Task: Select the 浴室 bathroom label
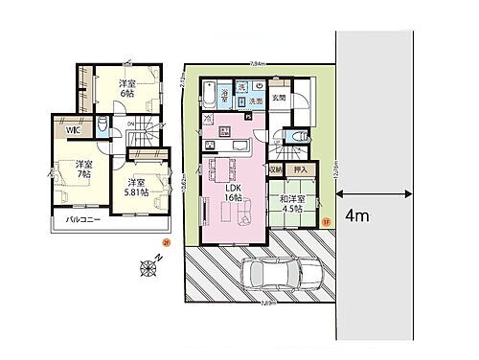tap(222, 94)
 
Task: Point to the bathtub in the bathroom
tap(209, 93)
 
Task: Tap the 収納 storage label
tap(275, 169)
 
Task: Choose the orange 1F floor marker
tap(326, 222)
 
